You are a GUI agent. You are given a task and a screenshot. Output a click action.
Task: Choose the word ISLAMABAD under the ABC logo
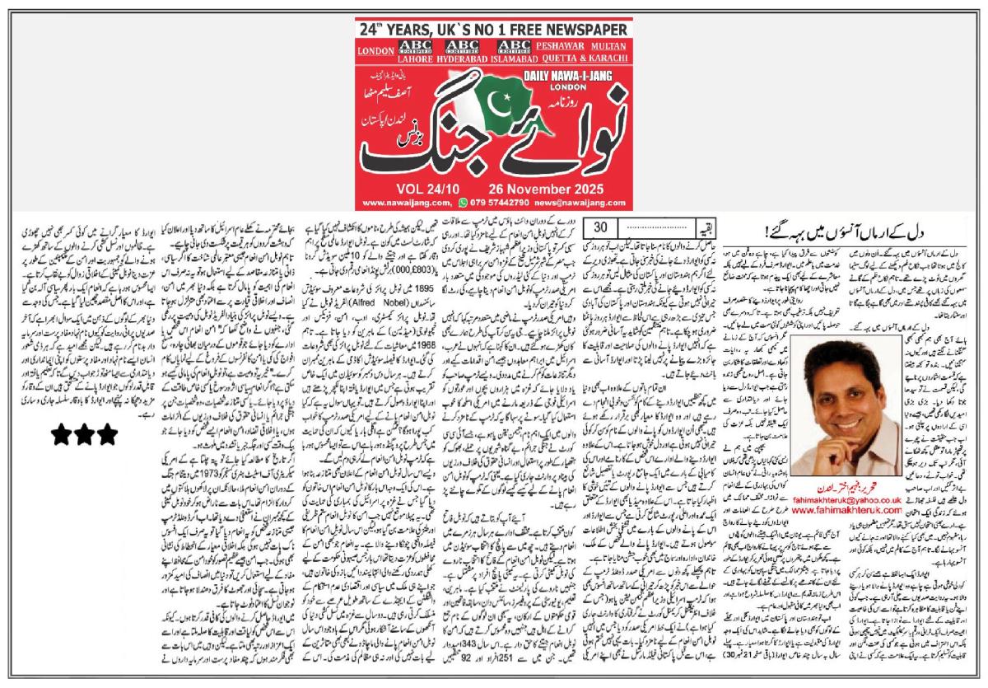514,59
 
